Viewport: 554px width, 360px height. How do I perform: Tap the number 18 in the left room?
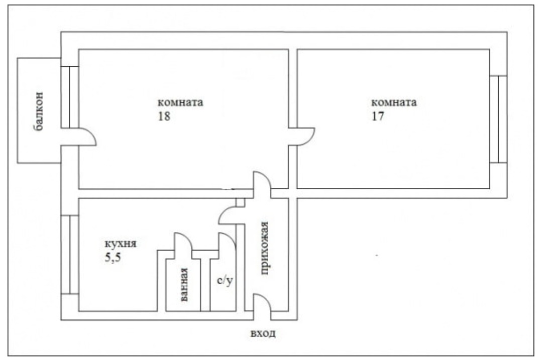coord(164,116)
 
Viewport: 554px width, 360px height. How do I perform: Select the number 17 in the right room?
coord(378,116)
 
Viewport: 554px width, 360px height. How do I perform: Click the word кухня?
coord(121,244)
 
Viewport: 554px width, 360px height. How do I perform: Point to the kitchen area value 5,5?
coord(113,257)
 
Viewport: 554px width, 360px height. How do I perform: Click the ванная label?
coord(183,285)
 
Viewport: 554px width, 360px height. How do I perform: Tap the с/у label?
coord(225,281)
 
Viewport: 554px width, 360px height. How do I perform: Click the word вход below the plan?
coord(263,333)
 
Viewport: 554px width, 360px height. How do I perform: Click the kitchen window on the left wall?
coord(70,255)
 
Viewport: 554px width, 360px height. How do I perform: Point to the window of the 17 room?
coord(498,119)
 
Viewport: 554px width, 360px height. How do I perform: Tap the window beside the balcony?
coord(70,97)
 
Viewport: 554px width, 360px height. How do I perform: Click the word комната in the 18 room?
coord(180,102)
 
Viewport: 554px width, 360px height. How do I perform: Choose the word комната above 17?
coord(394,102)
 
